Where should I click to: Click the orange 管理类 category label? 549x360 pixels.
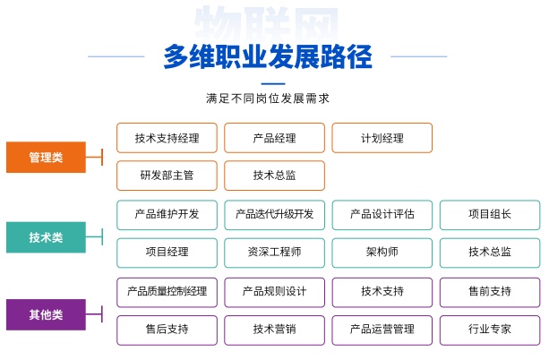(46, 158)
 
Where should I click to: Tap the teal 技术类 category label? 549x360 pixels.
(46, 237)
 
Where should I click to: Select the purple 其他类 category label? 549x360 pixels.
(46, 314)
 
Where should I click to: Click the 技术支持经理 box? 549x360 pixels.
(167, 138)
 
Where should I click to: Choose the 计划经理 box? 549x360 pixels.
(382, 138)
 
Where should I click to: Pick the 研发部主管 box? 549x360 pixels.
(167, 176)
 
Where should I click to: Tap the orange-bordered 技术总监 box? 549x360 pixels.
(274, 176)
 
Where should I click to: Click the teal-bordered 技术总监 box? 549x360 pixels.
(490, 253)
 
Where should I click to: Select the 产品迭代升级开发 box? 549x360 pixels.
(274, 215)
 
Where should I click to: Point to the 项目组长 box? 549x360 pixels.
(490, 215)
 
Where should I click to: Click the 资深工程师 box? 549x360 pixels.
(274, 253)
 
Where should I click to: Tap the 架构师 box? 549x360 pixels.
(382, 253)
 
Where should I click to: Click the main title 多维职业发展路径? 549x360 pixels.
(268, 56)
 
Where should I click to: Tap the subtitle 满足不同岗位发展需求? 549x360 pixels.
(268, 99)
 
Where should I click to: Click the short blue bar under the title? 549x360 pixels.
(273, 83)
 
